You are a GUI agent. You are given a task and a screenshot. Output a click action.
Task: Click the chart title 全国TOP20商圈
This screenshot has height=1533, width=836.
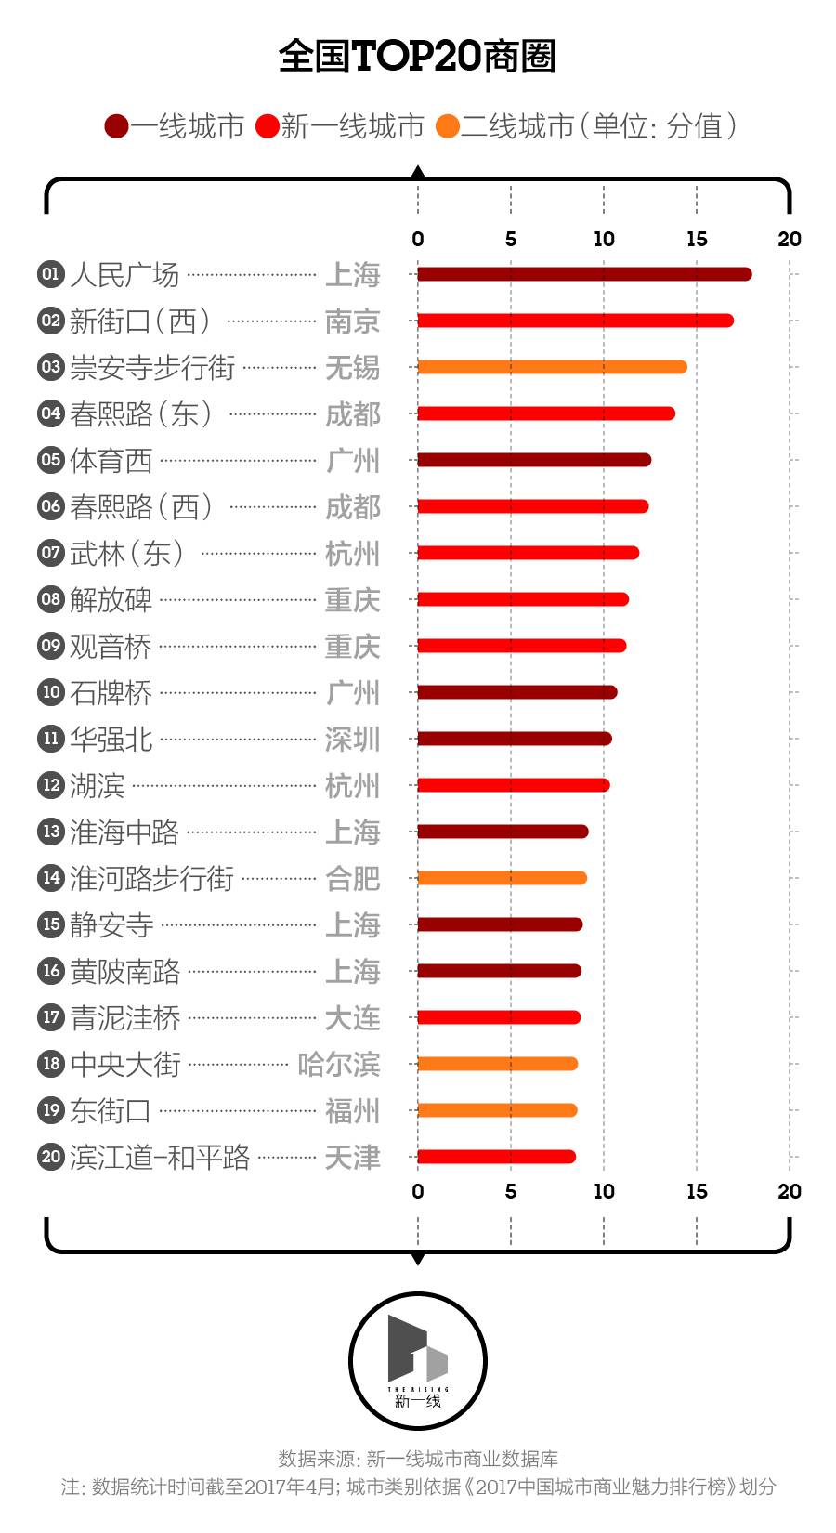[417, 56]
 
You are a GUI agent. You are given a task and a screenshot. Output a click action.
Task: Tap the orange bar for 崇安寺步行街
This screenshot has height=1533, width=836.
[552, 367]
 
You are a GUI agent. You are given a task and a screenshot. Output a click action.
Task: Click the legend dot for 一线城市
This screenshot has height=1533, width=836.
[116, 126]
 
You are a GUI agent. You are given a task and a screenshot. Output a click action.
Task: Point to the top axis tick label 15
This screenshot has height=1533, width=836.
[697, 239]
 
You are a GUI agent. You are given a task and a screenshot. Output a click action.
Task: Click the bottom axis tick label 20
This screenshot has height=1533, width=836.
[790, 1191]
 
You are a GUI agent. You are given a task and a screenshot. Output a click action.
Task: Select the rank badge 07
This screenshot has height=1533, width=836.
[50, 553]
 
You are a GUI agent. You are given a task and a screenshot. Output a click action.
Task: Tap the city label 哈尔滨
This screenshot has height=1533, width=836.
[339, 1064]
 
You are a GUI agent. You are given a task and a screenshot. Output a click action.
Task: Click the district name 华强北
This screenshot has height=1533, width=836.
[111, 739]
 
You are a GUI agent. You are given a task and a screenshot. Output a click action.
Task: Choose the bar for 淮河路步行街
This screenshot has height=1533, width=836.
[502, 878]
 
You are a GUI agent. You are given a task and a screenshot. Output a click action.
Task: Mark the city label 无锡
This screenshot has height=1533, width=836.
[352, 367]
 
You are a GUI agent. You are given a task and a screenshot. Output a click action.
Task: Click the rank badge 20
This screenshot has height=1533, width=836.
[50, 1157]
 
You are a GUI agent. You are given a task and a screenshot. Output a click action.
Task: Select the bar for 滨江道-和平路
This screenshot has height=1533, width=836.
[496, 1157]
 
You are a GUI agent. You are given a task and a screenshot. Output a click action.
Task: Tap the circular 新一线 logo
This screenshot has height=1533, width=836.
[418, 1361]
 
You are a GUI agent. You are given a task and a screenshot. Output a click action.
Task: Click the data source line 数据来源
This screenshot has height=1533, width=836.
[418, 1459]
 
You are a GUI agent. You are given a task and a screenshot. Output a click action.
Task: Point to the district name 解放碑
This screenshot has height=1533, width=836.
[111, 599]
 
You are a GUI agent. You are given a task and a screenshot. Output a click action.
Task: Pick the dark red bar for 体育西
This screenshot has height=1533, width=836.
[533, 460]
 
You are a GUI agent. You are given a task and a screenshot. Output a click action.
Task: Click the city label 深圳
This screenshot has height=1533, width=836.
[352, 739]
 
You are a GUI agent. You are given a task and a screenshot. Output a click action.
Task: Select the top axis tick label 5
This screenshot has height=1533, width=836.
[511, 239]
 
